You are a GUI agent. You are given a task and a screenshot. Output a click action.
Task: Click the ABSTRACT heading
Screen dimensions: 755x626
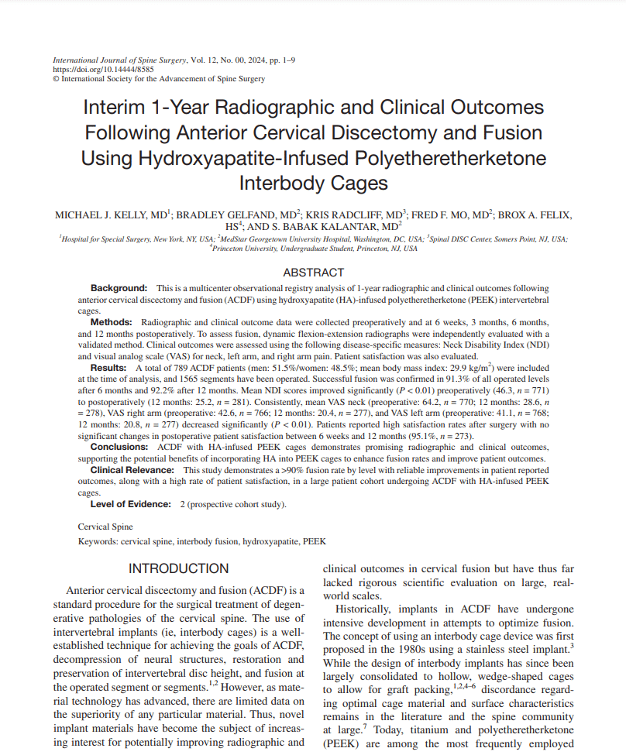click(x=313, y=273)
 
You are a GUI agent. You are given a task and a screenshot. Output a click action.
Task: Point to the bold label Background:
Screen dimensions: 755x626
click(x=119, y=288)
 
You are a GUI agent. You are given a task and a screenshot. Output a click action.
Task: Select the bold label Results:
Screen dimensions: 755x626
click(x=111, y=366)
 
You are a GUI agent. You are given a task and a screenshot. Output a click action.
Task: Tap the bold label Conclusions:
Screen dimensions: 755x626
click(x=121, y=448)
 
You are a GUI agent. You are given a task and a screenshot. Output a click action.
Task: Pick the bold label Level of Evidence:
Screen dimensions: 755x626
click(x=130, y=504)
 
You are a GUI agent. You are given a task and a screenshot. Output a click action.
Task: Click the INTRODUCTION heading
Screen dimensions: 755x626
click(x=178, y=568)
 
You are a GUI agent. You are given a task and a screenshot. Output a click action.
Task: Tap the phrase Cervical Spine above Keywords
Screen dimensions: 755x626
click(x=105, y=527)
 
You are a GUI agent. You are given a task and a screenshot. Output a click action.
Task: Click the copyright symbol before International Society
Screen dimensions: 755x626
click(x=55, y=78)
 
